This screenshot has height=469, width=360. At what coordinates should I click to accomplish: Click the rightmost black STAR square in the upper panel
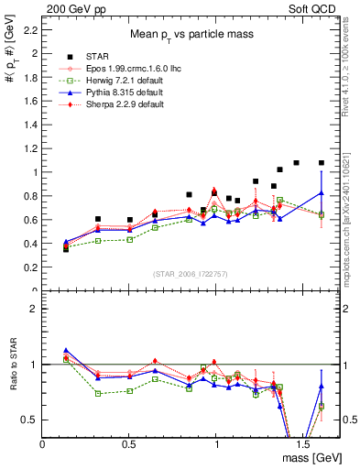pyautogui.click(x=321, y=163)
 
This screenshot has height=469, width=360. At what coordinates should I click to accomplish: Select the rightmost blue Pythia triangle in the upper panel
pyautogui.click(x=321, y=192)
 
